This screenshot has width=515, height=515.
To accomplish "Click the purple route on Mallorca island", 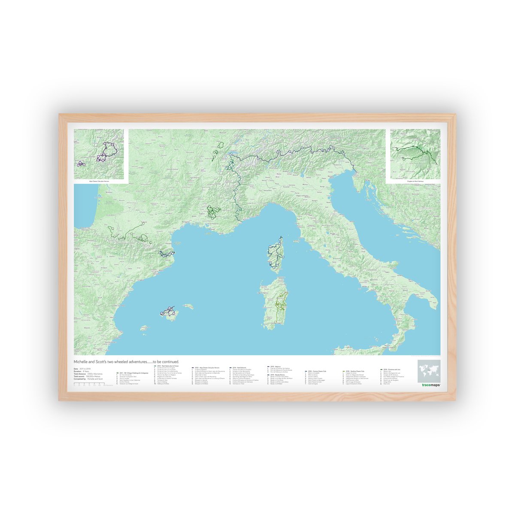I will (168, 312).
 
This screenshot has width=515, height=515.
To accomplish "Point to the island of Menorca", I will (188, 306).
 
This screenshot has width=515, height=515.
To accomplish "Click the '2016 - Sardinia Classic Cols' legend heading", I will (354, 371).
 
